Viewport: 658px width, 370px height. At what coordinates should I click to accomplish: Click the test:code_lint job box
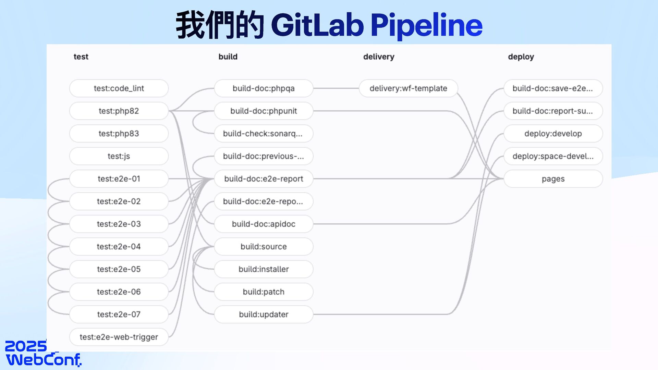point(119,88)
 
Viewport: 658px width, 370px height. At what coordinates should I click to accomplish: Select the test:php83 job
point(119,134)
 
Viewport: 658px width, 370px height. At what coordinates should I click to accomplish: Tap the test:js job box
point(119,156)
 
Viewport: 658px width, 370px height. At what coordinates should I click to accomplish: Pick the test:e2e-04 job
point(119,247)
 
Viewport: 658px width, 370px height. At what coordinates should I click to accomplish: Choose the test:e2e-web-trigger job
point(119,337)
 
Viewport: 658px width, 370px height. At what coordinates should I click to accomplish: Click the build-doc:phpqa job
point(264,88)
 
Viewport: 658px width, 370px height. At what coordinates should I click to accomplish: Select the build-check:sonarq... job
point(264,134)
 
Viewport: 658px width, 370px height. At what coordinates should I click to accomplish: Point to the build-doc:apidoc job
point(264,224)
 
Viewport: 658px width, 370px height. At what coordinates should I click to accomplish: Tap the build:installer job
point(264,269)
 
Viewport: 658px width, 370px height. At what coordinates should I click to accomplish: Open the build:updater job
point(264,314)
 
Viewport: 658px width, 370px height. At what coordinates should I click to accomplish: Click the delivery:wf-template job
point(408,88)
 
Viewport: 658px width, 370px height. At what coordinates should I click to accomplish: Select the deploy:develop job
point(553,134)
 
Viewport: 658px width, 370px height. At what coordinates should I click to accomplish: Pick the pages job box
point(553,179)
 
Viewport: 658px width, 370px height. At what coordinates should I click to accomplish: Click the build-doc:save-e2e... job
point(553,88)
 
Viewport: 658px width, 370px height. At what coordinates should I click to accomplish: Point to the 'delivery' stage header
point(379,57)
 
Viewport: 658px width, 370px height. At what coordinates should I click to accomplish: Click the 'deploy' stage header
point(521,57)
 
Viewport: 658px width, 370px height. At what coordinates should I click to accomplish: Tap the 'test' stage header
point(81,57)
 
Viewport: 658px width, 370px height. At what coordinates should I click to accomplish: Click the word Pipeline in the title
point(427,25)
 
